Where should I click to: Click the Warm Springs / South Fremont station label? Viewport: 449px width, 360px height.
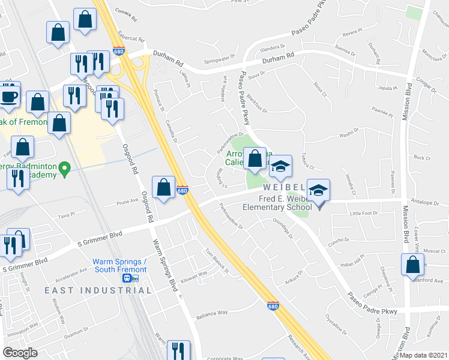[x=120, y=265]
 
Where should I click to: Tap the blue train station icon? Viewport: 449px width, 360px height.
[x=127, y=278]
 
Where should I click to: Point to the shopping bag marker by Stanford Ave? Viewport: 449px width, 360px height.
[x=414, y=264]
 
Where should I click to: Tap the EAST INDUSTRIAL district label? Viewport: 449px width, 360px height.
[x=98, y=290]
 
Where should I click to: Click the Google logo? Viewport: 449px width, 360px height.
[x=20, y=353]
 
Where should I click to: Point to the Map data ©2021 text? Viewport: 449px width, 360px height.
[x=423, y=355]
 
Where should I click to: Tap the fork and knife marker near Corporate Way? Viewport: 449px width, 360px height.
[x=178, y=350]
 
